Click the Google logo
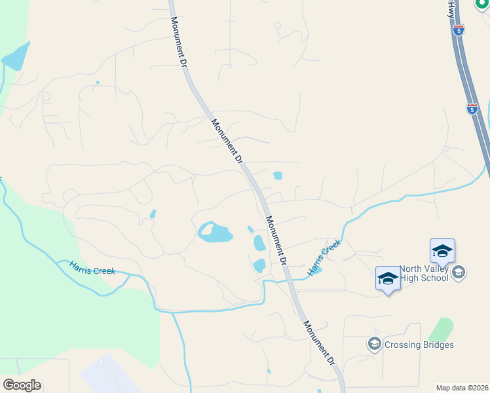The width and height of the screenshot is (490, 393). pyautogui.click(x=22, y=385)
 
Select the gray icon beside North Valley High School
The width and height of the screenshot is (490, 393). pyautogui.click(x=459, y=272)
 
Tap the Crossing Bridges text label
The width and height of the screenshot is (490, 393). pyautogui.click(x=419, y=345)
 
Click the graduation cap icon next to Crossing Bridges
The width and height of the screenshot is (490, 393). pyautogui.click(x=374, y=344)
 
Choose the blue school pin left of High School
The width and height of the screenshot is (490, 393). pyautogui.click(x=388, y=279)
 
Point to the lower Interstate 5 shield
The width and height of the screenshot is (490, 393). pyautogui.click(x=472, y=108)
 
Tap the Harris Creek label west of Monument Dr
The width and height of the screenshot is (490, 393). pyautogui.click(x=92, y=267)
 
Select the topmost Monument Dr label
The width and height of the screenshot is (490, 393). pyautogui.click(x=179, y=40)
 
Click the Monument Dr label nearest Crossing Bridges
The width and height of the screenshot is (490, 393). pyautogui.click(x=318, y=343)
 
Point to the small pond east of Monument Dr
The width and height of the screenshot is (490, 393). pyautogui.click(x=278, y=176)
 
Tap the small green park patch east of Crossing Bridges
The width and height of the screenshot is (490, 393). pyautogui.click(x=443, y=329)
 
